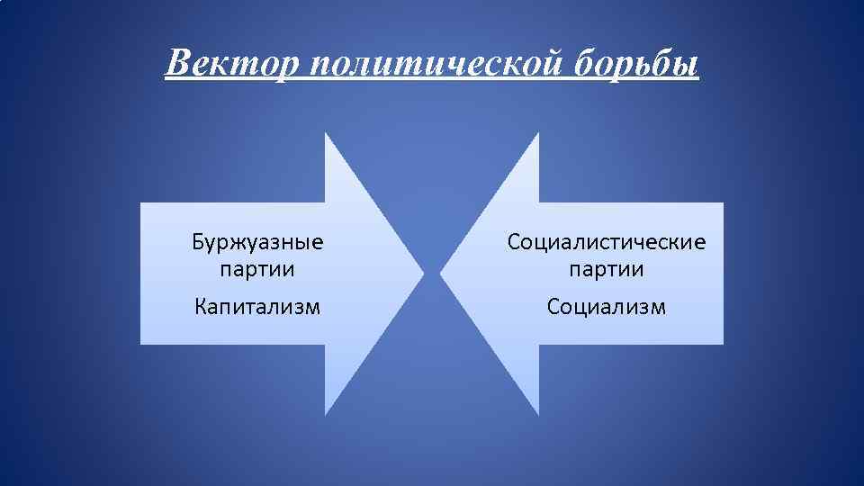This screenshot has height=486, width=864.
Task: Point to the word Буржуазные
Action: click(257, 242)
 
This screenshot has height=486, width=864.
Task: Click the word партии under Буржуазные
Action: click(257, 268)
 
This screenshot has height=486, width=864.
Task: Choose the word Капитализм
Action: click(257, 307)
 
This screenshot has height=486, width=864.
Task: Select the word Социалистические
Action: click(607, 242)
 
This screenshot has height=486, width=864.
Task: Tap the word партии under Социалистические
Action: click(607, 268)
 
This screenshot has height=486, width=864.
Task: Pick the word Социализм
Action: click(607, 307)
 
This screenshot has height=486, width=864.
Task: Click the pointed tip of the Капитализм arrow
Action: click(423, 273)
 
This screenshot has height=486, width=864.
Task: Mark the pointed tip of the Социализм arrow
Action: click(441, 273)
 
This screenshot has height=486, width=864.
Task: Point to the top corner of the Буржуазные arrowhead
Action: click(326, 133)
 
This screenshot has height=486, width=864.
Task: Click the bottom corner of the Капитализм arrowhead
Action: click(326, 414)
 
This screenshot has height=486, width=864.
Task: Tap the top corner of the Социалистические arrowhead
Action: click(538, 133)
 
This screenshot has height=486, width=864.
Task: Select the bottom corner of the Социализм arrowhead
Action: click(538, 414)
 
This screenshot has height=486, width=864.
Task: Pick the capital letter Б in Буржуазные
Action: click(197, 242)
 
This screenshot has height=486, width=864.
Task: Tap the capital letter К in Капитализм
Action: click(201, 307)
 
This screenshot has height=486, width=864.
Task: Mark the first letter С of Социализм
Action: click(553, 307)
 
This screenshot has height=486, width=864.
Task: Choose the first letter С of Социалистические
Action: click(514, 242)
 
